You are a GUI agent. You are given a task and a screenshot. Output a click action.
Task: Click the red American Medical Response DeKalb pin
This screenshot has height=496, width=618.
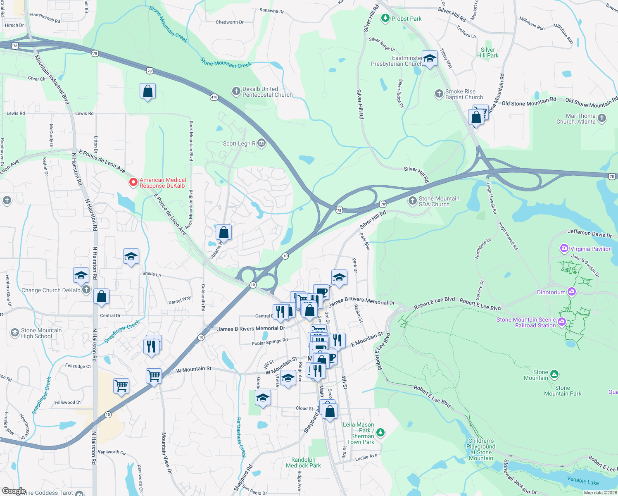pyautogui.click(x=133, y=182)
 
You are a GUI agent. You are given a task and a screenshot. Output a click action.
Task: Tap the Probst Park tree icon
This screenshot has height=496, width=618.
pyautogui.click(x=385, y=18)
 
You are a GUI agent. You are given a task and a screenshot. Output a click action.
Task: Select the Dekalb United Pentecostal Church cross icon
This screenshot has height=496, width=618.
pyautogui.click(x=236, y=91)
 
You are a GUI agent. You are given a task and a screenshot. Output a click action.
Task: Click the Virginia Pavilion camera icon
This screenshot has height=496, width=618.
pyautogui.click(x=564, y=248)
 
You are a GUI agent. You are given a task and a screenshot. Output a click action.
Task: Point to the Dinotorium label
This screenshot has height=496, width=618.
pyautogui.click(x=551, y=292)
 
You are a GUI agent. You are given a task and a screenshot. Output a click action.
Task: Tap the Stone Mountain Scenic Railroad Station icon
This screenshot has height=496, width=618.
pyautogui.click(x=561, y=321)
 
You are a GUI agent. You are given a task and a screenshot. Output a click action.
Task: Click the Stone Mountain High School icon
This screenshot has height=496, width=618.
pyautogui.click(x=14, y=333)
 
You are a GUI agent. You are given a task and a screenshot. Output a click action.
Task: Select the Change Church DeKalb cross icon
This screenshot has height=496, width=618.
pyautogui.click(x=86, y=290)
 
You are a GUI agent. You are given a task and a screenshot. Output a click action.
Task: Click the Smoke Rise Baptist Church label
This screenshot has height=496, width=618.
pyautogui.click(x=464, y=94)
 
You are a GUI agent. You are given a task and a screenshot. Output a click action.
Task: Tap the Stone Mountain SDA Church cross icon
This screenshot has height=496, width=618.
pyautogui.click(x=412, y=201)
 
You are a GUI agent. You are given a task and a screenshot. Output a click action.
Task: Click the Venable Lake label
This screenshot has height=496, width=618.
pyautogui.click(x=582, y=481)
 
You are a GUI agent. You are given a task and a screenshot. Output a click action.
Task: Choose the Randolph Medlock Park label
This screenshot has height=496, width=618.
pyautogui.click(x=303, y=463)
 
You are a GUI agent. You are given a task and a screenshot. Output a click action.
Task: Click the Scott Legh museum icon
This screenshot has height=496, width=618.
pyautogui.click(x=261, y=143)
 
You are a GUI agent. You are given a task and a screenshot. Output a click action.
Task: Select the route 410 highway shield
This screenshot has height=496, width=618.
pyautogui.click(x=214, y=97)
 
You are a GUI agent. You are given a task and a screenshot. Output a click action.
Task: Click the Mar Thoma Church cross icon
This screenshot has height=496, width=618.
pyautogui.click(x=602, y=118)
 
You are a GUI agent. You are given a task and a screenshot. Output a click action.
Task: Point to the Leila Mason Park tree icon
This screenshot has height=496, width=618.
pyautogui.click(x=380, y=432)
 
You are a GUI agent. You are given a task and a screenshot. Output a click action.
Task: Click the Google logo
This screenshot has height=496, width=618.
pyautogui.click(x=14, y=491)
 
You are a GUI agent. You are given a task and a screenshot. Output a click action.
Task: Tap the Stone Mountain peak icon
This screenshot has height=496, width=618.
pyautogui.click(x=554, y=374)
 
